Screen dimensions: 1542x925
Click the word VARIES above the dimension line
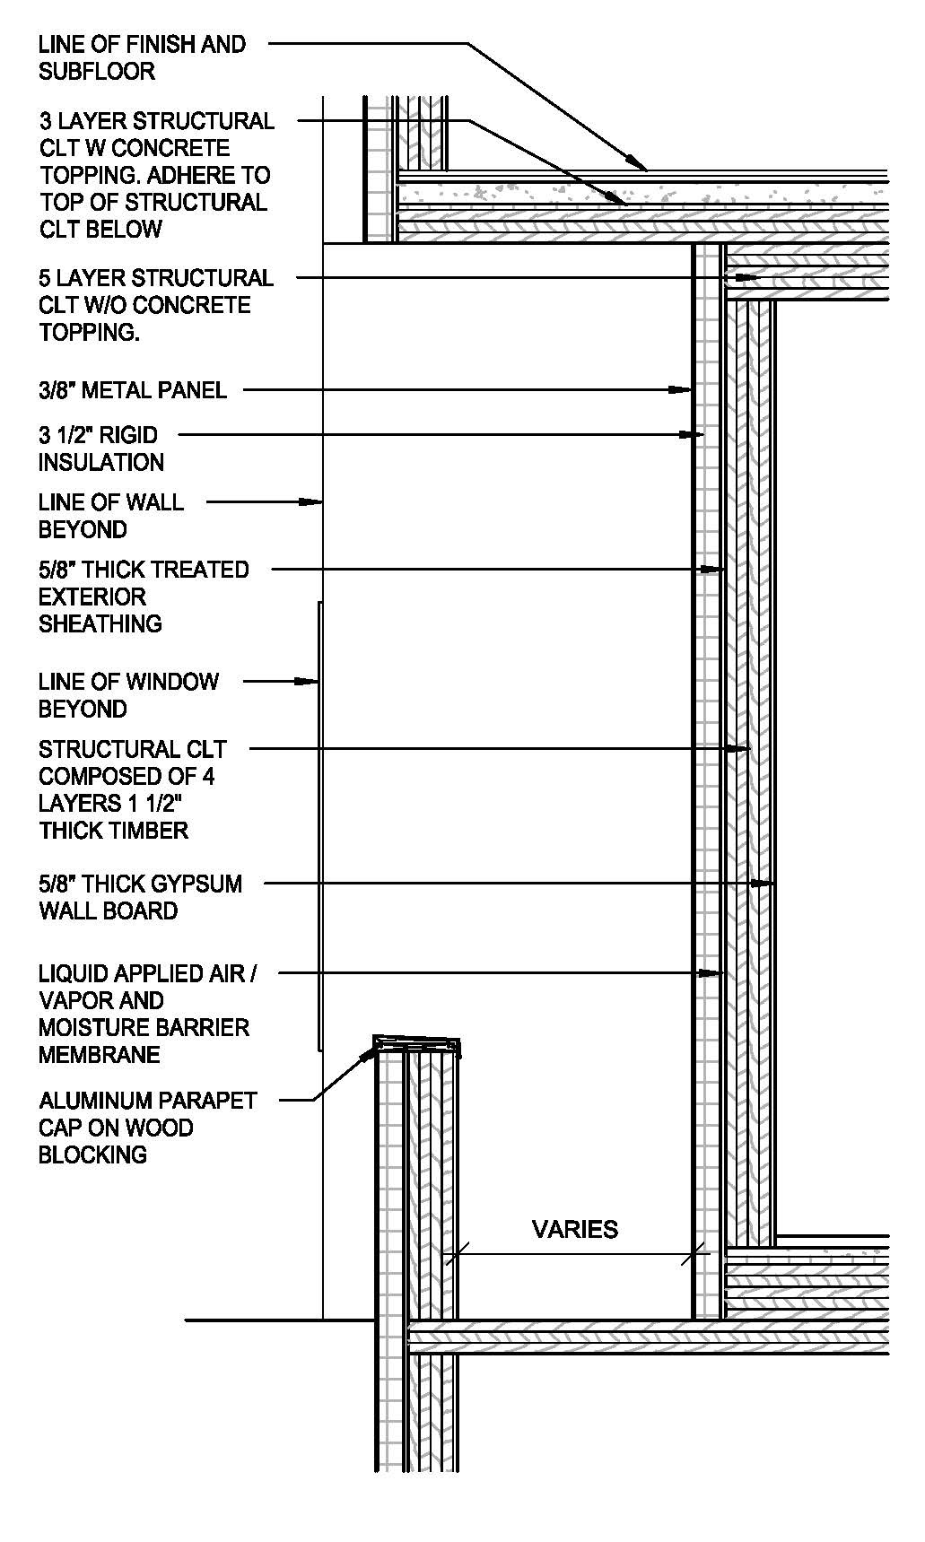pyautogui.click(x=575, y=1229)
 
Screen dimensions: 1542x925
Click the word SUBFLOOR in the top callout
pyautogui.click(x=97, y=71)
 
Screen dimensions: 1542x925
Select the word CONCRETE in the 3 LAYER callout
pyautogui.click(x=170, y=148)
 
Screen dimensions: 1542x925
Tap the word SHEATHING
pyautogui.click(x=100, y=623)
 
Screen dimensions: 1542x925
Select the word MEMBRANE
pyautogui.click(x=99, y=1054)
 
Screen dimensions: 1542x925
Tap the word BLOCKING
pyautogui.click(x=92, y=1154)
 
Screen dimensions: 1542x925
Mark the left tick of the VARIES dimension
pyautogui.click(x=454, y=1254)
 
